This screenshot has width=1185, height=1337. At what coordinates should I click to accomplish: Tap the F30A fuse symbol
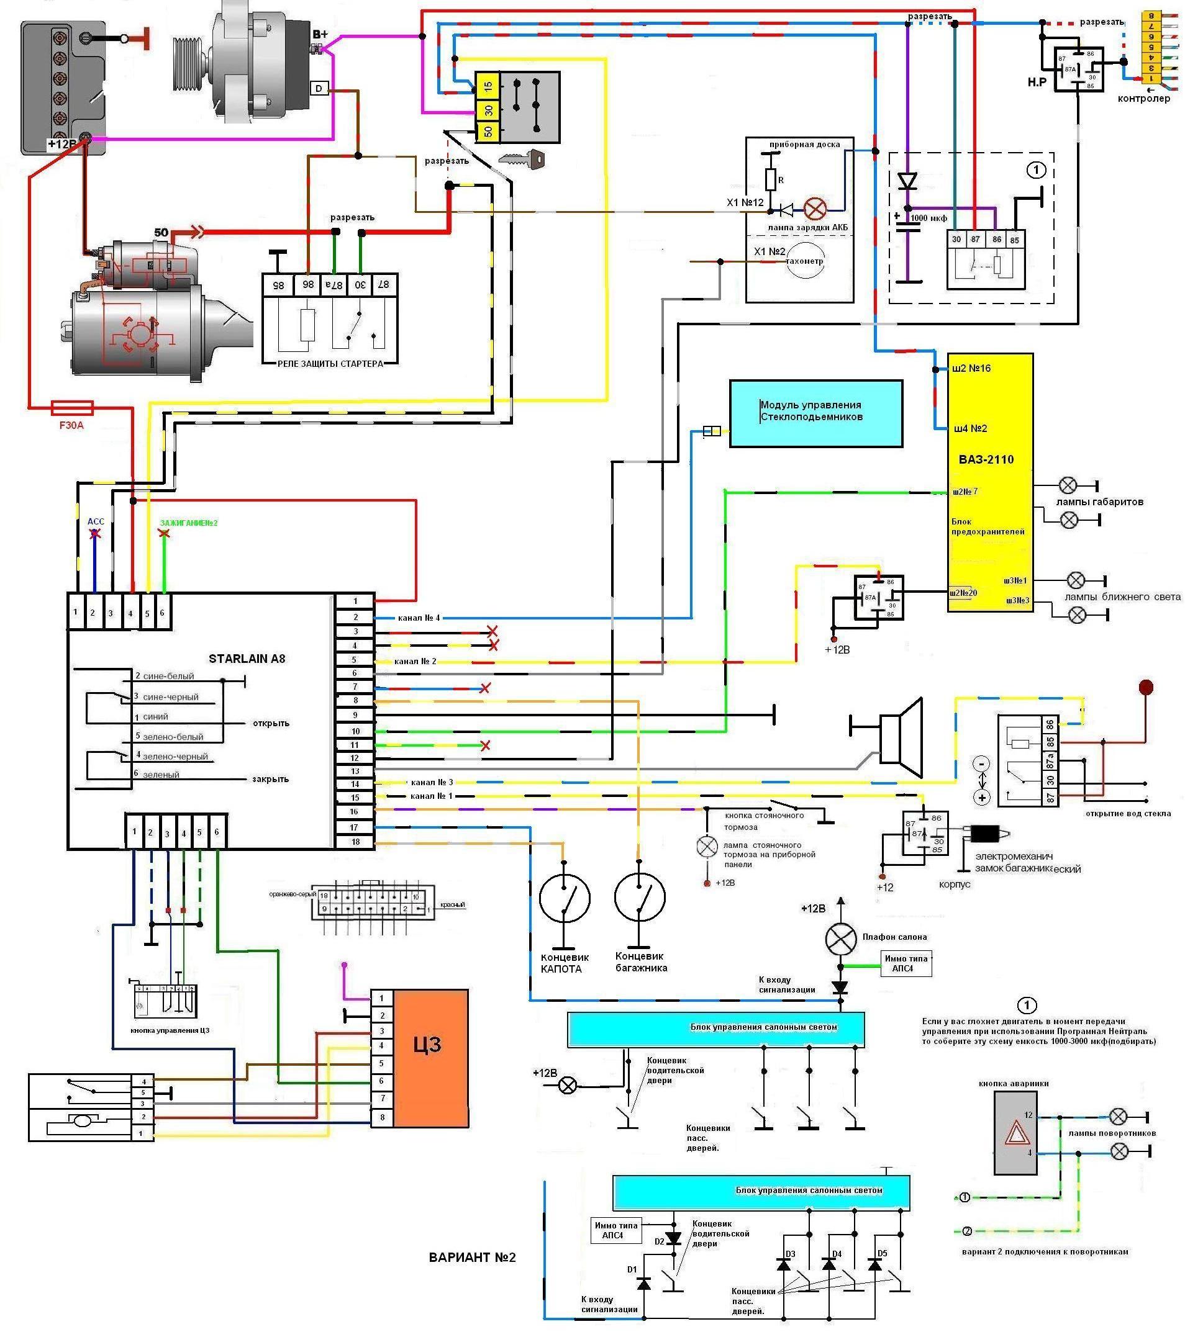tap(72, 408)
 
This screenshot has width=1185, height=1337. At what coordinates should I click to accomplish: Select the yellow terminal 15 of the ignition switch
tap(488, 85)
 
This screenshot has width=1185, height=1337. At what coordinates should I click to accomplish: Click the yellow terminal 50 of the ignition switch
tap(488, 132)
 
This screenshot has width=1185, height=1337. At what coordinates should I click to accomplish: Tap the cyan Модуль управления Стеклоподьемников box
tap(815, 413)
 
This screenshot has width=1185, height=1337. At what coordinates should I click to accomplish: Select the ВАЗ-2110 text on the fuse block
tap(986, 459)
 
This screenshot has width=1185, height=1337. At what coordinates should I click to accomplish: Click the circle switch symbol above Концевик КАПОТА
tap(564, 898)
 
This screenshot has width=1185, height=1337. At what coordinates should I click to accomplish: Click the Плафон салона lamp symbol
tap(841, 940)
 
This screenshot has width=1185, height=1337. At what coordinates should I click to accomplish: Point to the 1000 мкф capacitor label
tap(928, 218)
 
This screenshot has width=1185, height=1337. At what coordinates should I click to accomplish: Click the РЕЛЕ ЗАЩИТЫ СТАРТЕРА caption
tap(330, 364)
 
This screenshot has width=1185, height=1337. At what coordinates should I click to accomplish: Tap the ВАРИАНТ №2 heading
tap(473, 1258)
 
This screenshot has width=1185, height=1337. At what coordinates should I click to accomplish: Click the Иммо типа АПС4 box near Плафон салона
tap(905, 963)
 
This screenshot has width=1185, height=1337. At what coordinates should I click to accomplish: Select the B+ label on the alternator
tap(320, 34)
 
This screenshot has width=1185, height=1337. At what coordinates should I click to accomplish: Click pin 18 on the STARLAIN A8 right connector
tap(355, 842)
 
